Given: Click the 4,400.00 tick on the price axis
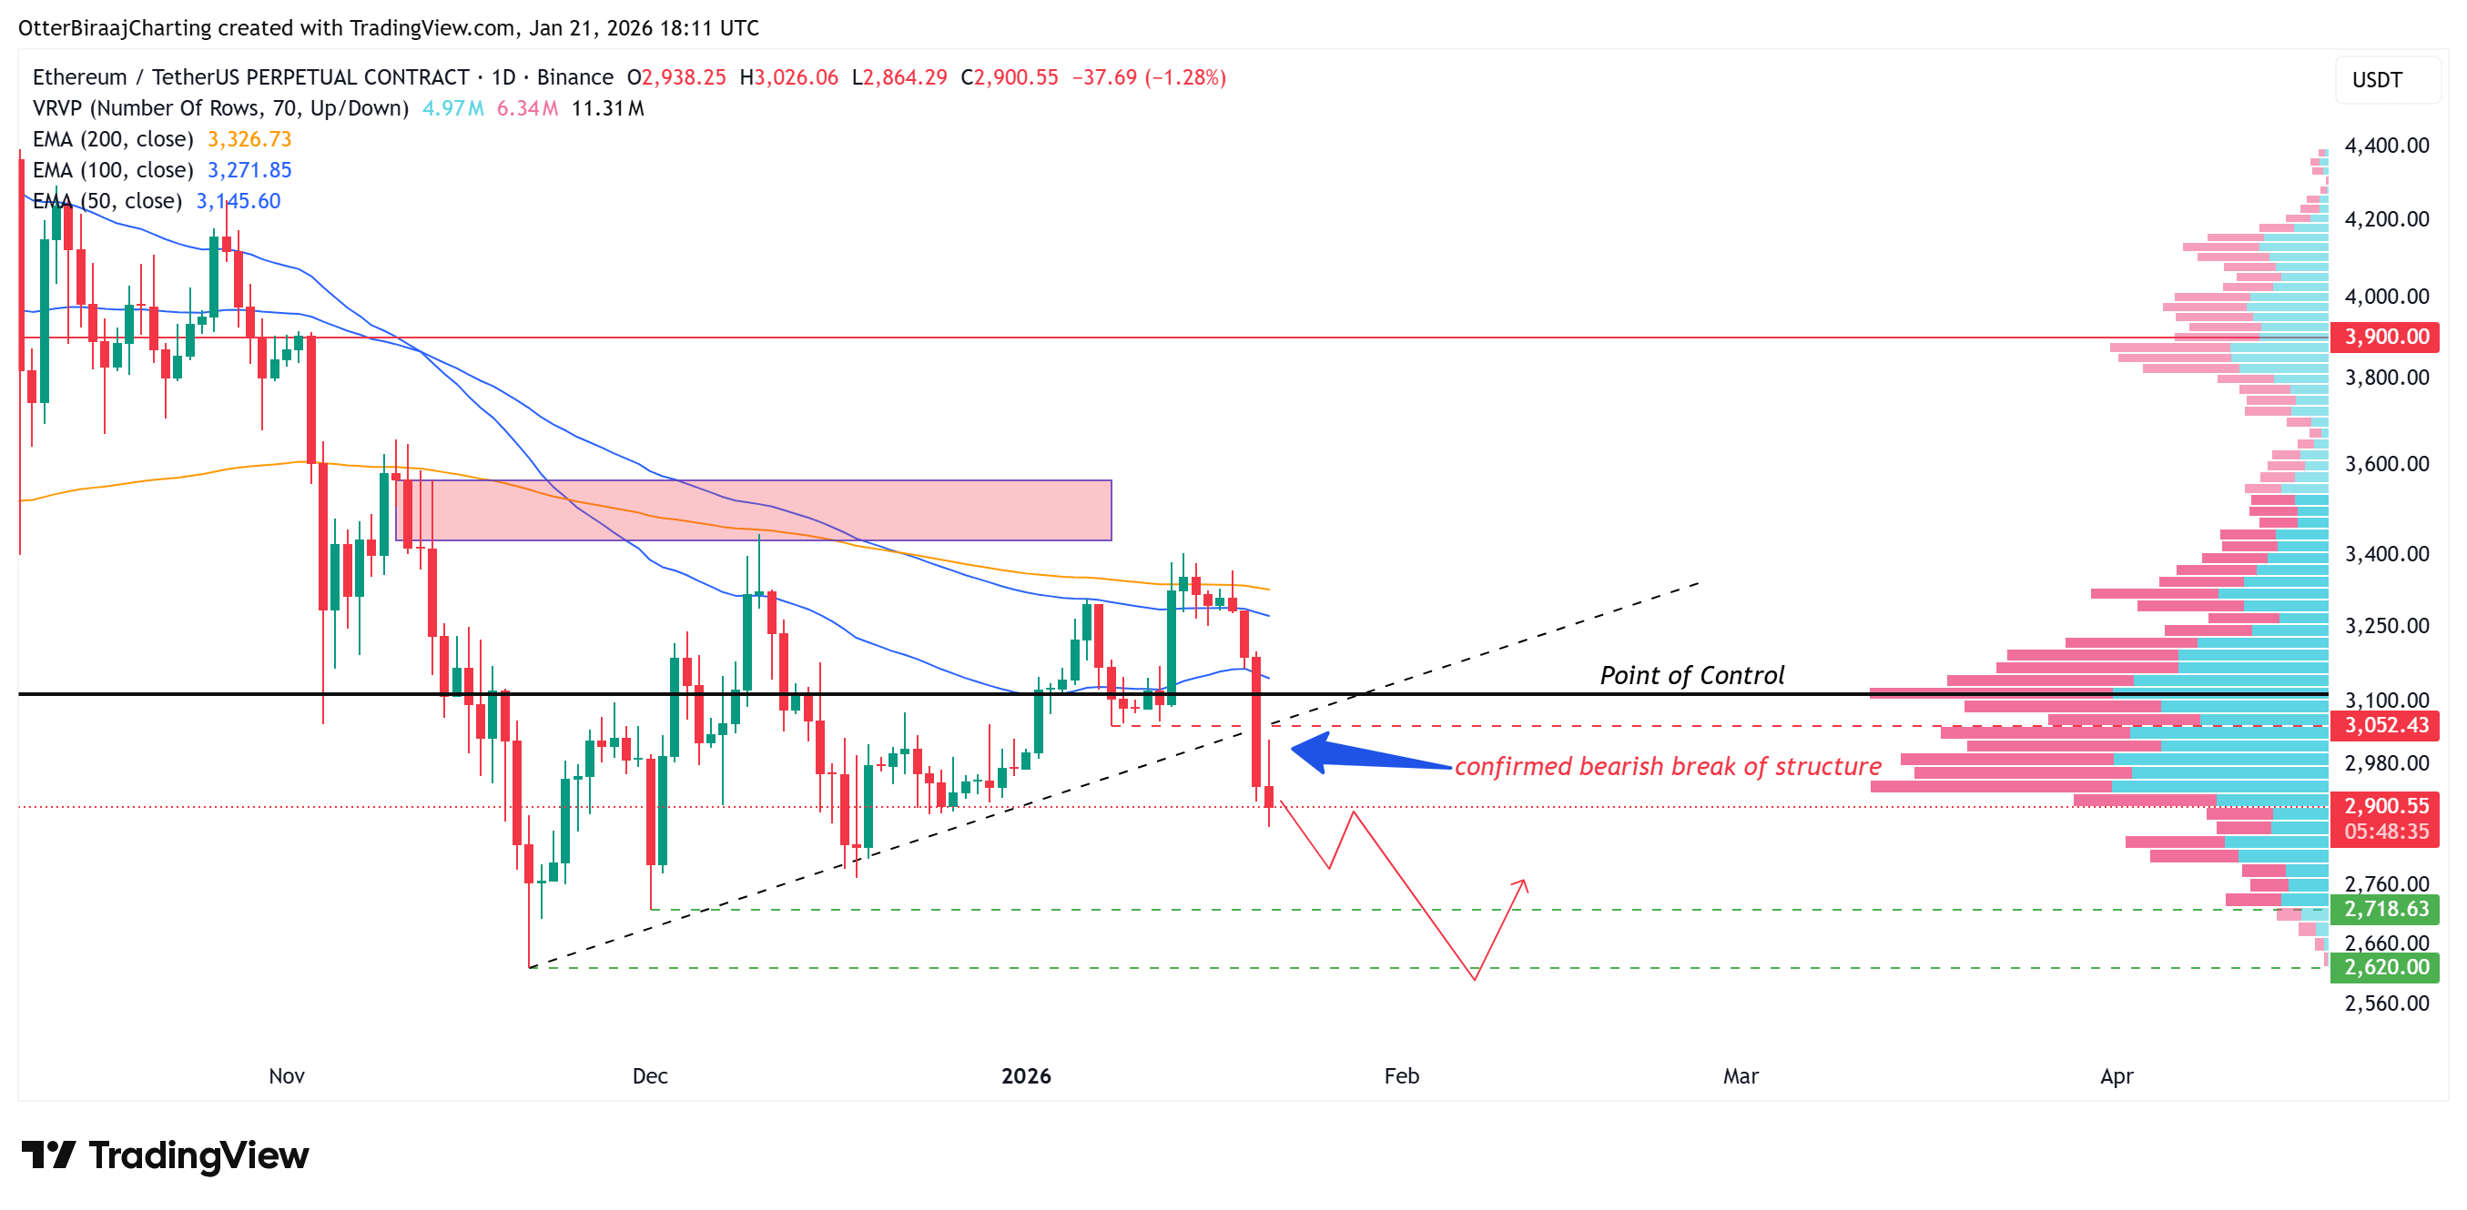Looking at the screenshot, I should click(2386, 146).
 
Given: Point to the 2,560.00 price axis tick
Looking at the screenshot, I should click(2386, 1003).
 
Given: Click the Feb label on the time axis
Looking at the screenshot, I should click(1401, 1076).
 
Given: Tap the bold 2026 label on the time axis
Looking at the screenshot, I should click(1026, 1076).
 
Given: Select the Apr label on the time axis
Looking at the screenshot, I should click(2116, 1076).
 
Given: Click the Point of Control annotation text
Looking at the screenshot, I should click(1691, 676).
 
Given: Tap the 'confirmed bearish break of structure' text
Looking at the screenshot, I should click(1668, 767).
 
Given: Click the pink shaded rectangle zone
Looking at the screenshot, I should click(753, 510).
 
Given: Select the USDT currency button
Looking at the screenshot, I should click(2377, 79).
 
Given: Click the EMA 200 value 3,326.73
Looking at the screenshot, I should click(249, 140).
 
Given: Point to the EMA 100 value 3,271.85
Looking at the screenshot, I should click(249, 170).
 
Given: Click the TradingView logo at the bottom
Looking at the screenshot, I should click(165, 1155).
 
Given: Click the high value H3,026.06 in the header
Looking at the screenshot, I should click(789, 77).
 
